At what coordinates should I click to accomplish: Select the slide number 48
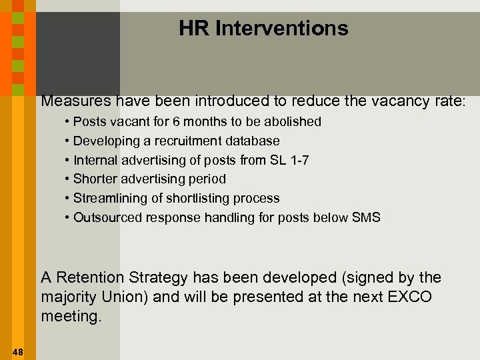(x=17, y=352)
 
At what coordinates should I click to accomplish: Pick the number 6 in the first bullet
(x=175, y=122)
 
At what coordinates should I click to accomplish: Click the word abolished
(x=293, y=122)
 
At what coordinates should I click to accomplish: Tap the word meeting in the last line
(x=71, y=316)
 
